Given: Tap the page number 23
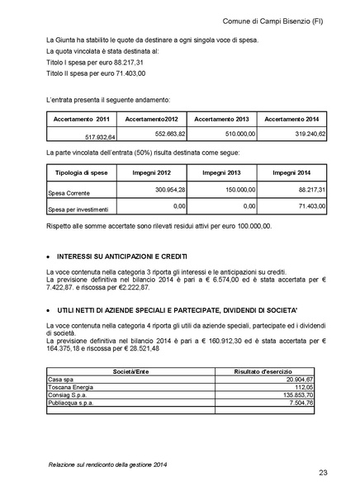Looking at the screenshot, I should [x=324, y=472].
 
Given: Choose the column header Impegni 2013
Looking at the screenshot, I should [x=220, y=172].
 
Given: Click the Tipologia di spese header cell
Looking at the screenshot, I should [x=78, y=172].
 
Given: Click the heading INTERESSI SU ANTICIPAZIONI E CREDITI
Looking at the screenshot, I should [x=116, y=255].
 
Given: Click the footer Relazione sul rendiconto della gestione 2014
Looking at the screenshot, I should [x=107, y=465].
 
